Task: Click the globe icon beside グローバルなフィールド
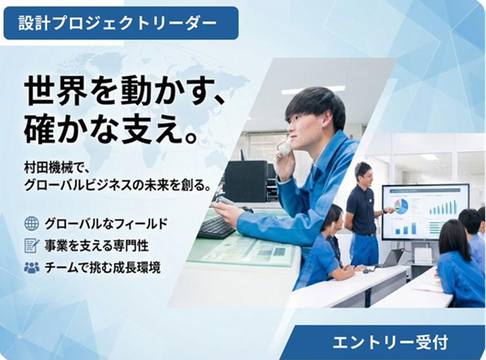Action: click(31, 223)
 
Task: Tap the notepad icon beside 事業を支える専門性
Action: click(31, 245)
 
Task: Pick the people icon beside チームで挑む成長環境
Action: click(31, 267)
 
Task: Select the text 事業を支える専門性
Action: click(97, 245)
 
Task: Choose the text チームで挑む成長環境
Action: click(103, 267)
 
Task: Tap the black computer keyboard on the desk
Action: click(216, 228)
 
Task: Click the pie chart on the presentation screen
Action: click(401, 206)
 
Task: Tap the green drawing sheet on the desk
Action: click(243, 249)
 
